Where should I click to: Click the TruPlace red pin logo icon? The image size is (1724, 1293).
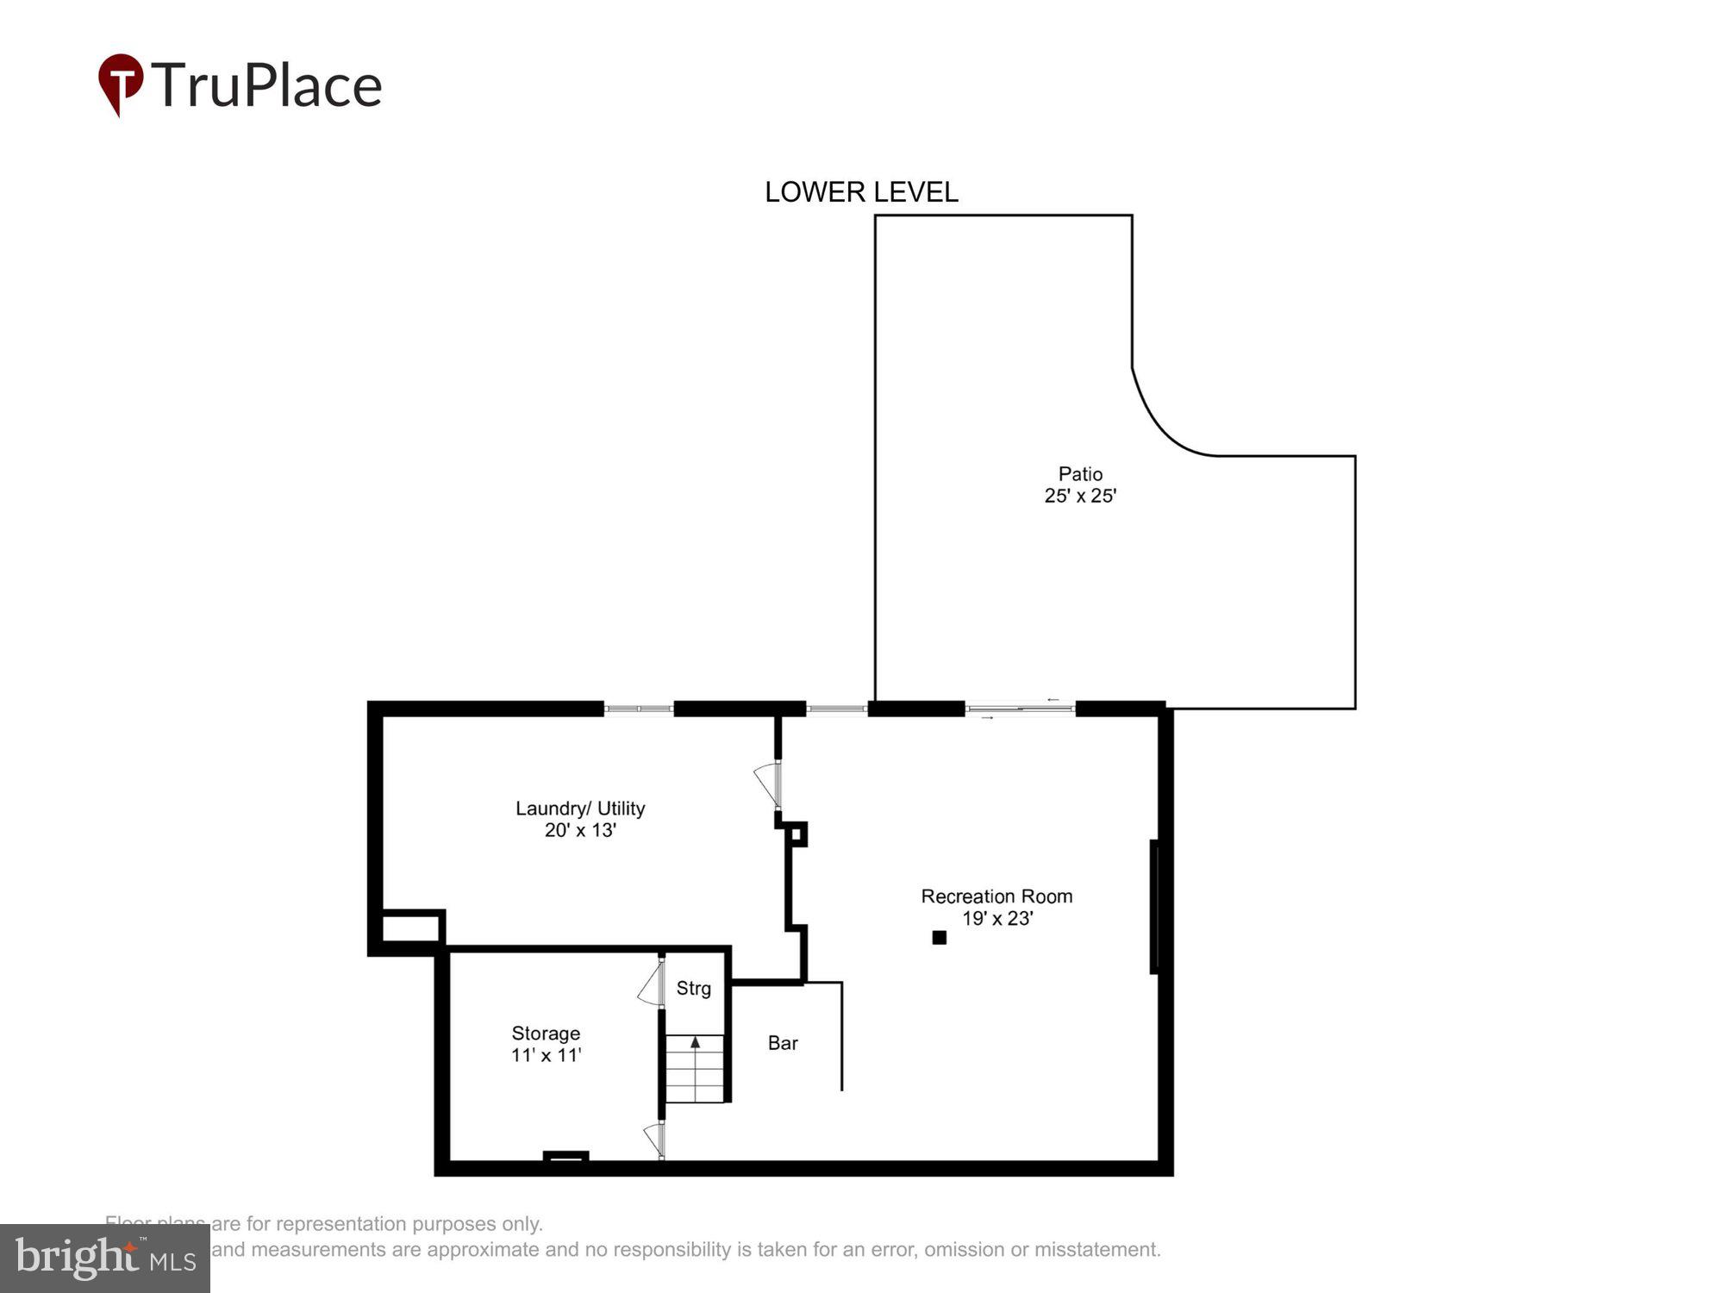click(121, 84)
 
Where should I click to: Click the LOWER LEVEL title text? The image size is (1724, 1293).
click(861, 192)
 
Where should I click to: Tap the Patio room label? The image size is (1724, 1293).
click(1080, 474)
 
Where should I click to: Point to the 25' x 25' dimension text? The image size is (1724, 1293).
click(1080, 496)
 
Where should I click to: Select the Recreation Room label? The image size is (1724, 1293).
click(996, 896)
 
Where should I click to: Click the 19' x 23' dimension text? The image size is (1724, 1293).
click(996, 919)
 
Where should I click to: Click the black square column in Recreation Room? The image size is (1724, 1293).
click(940, 937)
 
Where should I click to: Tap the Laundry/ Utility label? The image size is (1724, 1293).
click(580, 809)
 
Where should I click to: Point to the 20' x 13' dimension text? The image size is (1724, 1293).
click(580, 830)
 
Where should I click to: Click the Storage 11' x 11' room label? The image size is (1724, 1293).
click(546, 1044)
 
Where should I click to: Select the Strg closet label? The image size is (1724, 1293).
click(693, 989)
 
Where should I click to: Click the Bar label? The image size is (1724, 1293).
click(783, 1043)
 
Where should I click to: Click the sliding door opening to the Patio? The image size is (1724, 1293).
click(1020, 709)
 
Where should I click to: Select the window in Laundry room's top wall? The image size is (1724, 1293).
click(638, 709)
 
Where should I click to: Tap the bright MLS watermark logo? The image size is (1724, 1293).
click(105, 1259)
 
